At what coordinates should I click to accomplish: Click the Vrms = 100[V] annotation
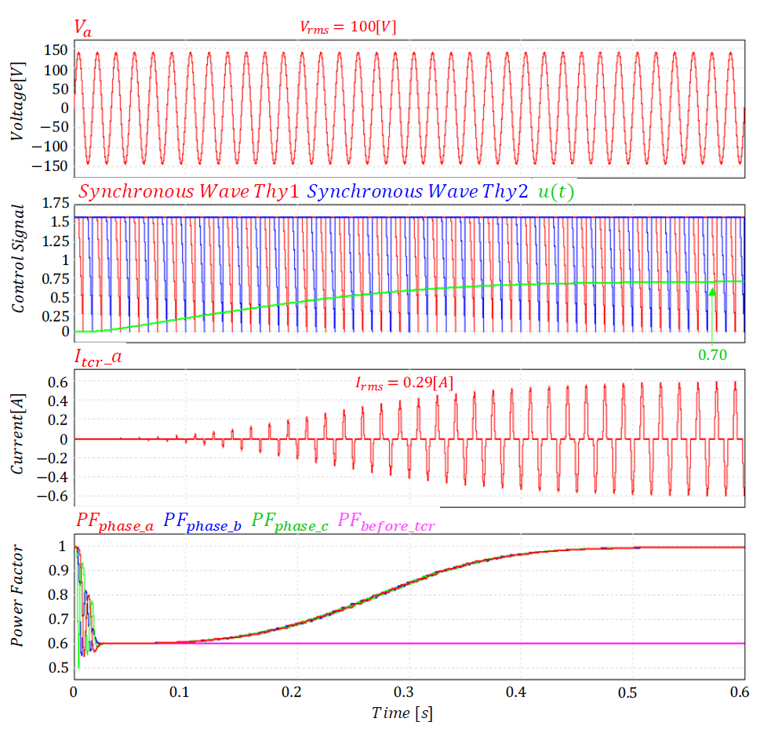pos(347,27)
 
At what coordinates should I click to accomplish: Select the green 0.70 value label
pos(712,354)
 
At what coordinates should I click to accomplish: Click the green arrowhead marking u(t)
pos(712,292)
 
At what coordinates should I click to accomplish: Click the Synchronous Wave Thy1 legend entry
pos(188,191)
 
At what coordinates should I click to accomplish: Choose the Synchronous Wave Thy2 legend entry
pos(418,191)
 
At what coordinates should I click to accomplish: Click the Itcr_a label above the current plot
pos(98,358)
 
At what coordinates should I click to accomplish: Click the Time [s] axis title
pos(402,713)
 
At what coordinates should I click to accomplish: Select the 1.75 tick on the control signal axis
pos(55,205)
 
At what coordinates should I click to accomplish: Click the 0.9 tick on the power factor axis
pos(58,570)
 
